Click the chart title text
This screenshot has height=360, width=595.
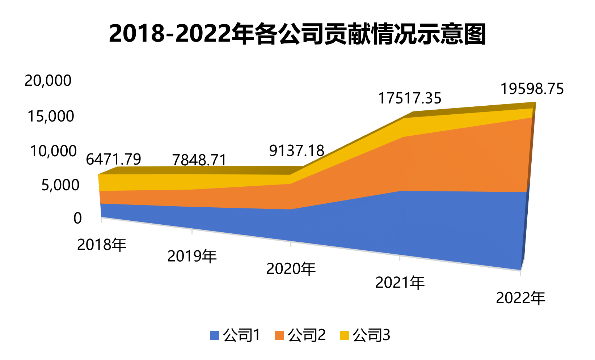pyautogui.click(x=297, y=34)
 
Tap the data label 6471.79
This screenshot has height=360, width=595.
pyautogui.click(x=113, y=159)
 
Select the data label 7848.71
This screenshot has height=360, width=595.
pyautogui.click(x=199, y=160)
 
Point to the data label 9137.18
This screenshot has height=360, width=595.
pyautogui.click(x=297, y=151)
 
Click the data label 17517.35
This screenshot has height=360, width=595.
pyautogui.click(x=410, y=98)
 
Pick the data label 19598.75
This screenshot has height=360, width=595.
pyautogui.click(x=532, y=89)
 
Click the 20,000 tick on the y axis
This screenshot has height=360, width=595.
pyautogui.click(x=48, y=81)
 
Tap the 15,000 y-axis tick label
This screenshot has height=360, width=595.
pyautogui.click(x=50, y=116)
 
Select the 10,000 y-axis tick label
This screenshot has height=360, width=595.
pyautogui.click(x=53, y=151)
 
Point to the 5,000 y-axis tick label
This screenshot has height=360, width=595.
pyautogui.click(x=60, y=185)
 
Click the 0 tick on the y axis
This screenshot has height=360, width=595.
pyautogui.click(x=77, y=218)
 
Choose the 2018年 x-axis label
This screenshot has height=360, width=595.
pyautogui.click(x=102, y=245)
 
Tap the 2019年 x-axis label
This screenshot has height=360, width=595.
pyautogui.click(x=192, y=256)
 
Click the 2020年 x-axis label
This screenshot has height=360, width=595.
pyautogui.click(x=291, y=269)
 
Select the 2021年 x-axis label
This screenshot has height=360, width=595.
pyautogui.click(x=400, y=283)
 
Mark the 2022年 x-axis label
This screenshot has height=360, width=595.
pyautogui.click(x=520, y=298)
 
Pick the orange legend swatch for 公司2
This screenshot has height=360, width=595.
pyautogui.click(x=279, y=335)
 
